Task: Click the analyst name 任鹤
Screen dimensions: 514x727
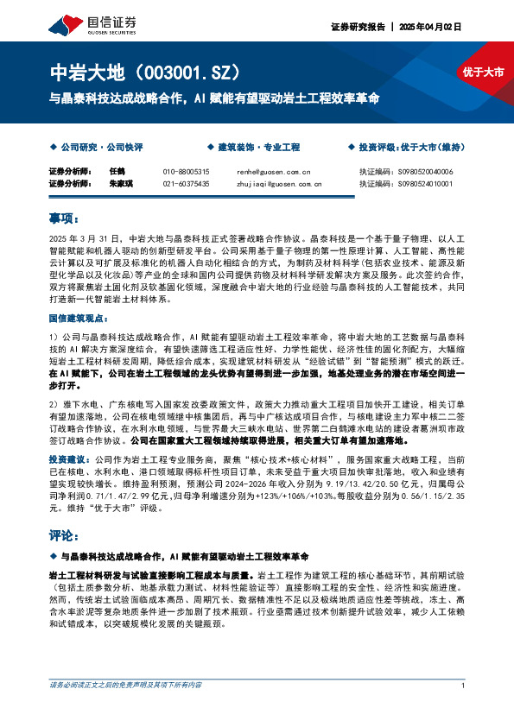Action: click(x=117, y=172)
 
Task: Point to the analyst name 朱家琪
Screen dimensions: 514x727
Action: click(x=120, y=184)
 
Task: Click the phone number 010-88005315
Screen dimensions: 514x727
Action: click(x=186, y=172)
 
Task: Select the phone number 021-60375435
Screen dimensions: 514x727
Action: click(x=186, y=184)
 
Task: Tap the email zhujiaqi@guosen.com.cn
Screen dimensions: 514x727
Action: click(x=278, y=184)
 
